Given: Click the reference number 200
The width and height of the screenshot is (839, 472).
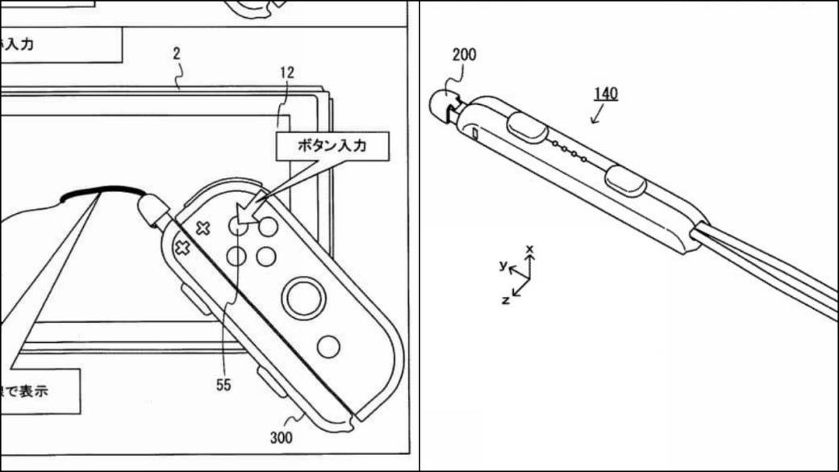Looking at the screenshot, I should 464,55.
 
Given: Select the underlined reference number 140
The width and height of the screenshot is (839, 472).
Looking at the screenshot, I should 606,94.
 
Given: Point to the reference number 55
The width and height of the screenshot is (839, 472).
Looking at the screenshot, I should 223,385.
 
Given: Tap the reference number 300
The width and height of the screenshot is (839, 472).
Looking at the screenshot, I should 282,438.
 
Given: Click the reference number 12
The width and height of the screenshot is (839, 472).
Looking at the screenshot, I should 288,73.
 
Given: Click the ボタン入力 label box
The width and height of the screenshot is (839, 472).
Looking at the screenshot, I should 332,147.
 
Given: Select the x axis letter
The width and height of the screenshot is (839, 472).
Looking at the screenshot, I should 529,249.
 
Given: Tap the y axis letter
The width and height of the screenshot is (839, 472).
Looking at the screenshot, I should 502,265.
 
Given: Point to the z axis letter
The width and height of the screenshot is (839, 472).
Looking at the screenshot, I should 505,299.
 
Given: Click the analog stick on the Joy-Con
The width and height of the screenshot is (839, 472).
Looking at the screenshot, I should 303,297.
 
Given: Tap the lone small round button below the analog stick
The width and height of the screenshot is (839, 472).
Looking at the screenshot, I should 328,347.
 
